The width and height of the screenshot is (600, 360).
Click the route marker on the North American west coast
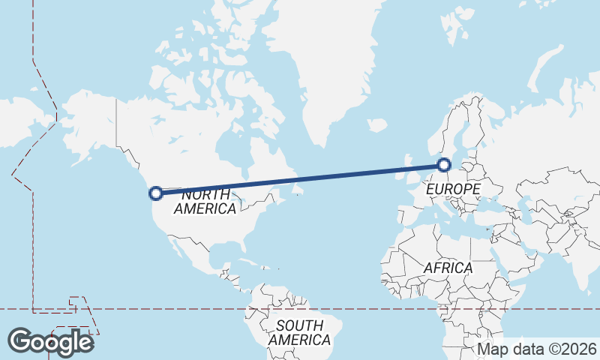pyautogui.click(x=156, y=193)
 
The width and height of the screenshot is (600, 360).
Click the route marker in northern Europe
pyautogui.click(x=444, y=164)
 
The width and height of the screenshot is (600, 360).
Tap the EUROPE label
pyautogui.click(x=452, y=190)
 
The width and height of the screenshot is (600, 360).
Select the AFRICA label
pyautogui.click(x=448, y=268)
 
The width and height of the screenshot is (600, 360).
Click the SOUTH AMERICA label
pyautogui.click(x=299, y=332)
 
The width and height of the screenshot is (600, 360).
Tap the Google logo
pyautogui.click(x=51, y=342)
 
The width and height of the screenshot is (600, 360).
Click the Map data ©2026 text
pyautogui.click(x=536, y=349)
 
